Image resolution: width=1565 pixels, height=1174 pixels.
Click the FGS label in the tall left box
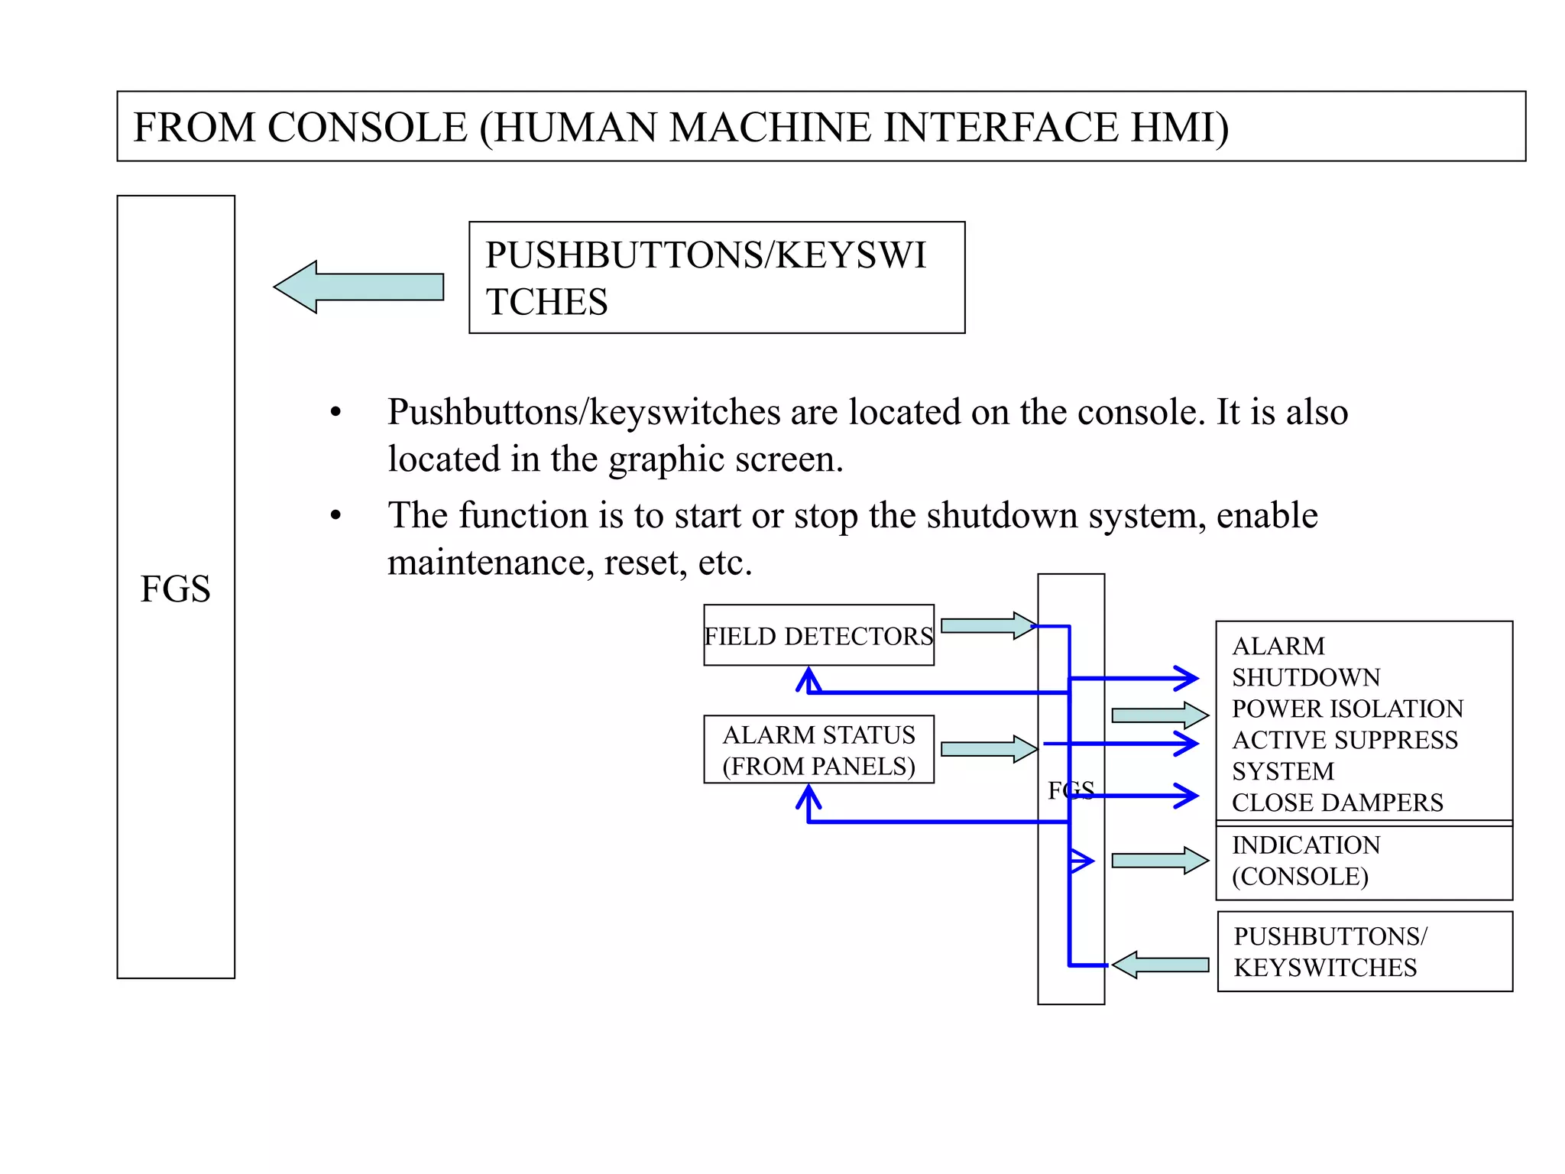(175, 589)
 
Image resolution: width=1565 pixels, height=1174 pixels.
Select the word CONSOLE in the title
(367, 127)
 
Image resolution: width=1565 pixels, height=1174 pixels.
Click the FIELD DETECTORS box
(818, 635)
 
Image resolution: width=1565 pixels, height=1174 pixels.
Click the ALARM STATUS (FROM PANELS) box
(818, 750)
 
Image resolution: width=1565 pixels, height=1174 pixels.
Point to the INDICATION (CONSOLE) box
(1364, 861)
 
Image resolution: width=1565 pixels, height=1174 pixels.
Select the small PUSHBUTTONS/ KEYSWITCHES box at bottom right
(1364, 952)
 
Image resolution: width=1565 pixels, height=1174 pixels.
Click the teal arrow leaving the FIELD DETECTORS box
(987, 625)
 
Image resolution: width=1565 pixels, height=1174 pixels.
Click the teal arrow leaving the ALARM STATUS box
(987, 749)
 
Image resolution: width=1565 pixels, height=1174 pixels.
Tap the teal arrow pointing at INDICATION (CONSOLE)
(1159, 861)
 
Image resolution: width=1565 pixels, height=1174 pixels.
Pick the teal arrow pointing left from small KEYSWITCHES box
(1159, 965)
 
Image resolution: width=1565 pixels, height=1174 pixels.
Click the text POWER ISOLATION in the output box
(1347, 709)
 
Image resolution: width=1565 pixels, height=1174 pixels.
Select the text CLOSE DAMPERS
(1337, 803)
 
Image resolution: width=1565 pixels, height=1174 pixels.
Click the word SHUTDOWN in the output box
(1306, 677)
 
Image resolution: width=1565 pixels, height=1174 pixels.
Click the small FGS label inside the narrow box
(1071, 790)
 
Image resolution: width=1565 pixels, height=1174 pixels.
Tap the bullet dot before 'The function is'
(335, 516)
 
